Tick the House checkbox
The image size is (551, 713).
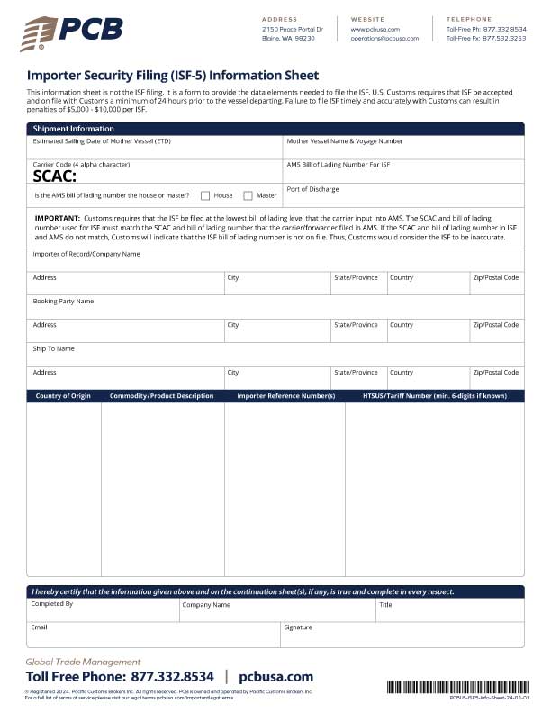[205, 195]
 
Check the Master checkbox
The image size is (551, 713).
[248, 195]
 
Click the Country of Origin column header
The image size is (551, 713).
[64, 396]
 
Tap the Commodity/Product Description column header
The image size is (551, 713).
[161, 396]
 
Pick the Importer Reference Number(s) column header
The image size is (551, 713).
[285, 396]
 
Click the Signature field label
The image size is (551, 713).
[298, 627]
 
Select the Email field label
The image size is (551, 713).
[39, 627]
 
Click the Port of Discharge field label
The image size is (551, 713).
[312, 189]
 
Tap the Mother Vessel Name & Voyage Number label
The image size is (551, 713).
[344, 141]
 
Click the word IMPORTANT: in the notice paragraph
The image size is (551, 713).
[57, 219]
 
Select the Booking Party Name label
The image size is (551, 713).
[63, 302]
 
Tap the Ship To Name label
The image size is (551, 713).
[54, 348]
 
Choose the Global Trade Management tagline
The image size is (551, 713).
[83, 662]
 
